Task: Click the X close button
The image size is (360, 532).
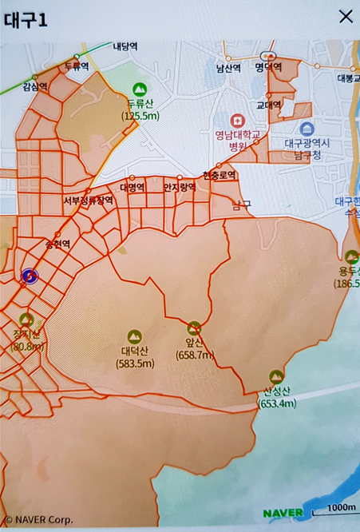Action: (346, 16)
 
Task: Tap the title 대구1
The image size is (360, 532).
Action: (26, 18)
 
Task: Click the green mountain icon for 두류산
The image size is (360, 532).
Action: (140, 89)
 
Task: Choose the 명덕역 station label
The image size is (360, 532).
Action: (270, 68)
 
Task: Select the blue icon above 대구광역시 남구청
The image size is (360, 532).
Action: (306, 128)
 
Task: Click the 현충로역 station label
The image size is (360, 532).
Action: (220, 175)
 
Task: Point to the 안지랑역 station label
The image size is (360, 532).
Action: (179, 187)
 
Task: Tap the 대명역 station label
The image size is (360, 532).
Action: (132, 187)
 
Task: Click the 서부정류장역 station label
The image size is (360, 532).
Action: (89, 200)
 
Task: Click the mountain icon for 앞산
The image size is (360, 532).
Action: (194, 328)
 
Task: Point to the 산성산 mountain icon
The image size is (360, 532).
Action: (277, 375)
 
